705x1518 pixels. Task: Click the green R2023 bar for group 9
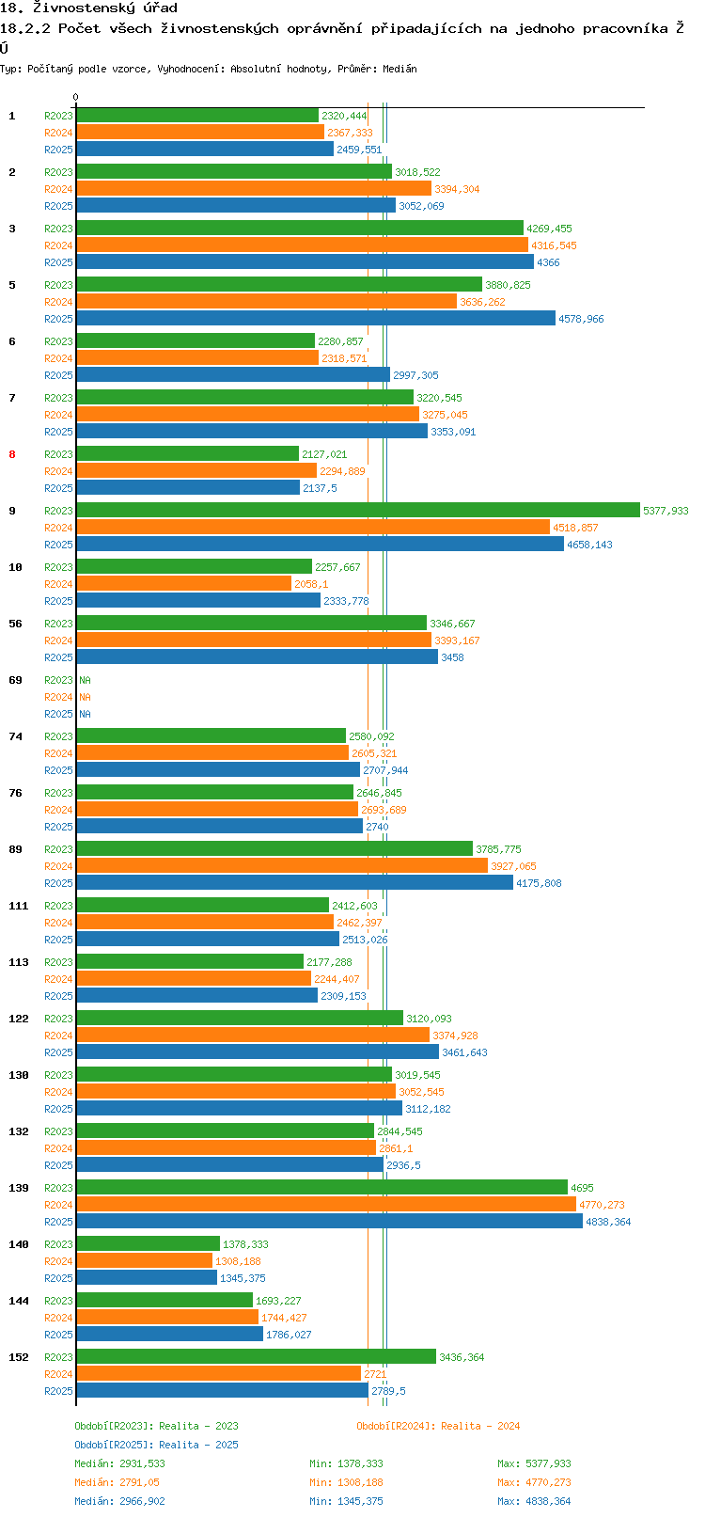357,510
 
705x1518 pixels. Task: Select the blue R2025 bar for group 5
316,318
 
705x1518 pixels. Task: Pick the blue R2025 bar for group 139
329,1221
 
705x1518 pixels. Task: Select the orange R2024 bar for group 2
253,188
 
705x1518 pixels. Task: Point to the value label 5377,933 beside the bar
666,511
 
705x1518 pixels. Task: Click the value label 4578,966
581,319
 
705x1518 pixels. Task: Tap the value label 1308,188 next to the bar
238,1261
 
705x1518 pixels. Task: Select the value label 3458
452,657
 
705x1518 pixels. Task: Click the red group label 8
12,454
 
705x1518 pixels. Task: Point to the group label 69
16,680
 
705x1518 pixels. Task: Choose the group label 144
19,1301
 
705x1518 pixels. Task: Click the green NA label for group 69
85,680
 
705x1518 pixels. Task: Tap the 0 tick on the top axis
75,97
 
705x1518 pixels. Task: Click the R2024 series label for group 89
58,866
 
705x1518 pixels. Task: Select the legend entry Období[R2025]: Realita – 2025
156,1444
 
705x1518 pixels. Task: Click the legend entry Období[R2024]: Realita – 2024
438,1425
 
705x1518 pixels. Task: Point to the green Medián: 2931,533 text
120,1463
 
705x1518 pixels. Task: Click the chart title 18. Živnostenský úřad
88,8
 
